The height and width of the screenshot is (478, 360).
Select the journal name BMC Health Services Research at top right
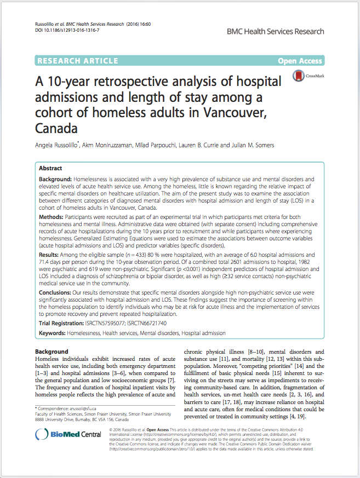coord(275,32)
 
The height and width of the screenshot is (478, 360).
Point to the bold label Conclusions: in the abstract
coord(57,293)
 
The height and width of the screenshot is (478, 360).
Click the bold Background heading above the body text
coord(52,351)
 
